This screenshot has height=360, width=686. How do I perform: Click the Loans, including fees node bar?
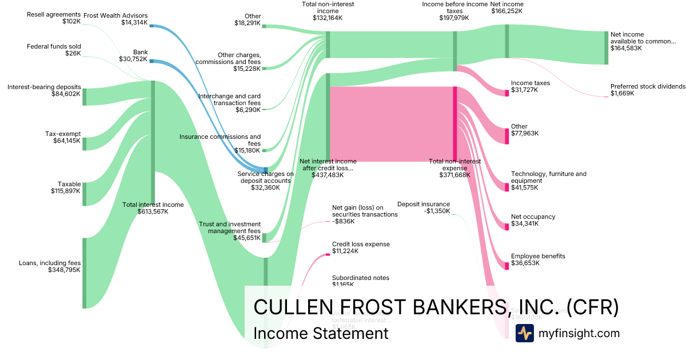(x=84, y=273)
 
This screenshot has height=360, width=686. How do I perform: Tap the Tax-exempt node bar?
(x=84, y=143)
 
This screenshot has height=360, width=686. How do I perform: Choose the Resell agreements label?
(x=54, y=18)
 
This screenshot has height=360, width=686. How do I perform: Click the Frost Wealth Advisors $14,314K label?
(x=115, y=19)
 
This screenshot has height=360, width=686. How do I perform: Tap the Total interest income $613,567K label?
(x=153, y=208)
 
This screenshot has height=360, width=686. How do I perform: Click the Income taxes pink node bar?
(x=506, y=93)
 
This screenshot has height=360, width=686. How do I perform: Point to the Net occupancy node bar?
(x=506, y=227)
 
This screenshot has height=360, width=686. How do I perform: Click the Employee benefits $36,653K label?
(x=537, y=260)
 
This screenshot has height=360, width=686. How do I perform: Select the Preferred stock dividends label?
(x=647, y=90)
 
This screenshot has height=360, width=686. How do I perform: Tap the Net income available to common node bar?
(x=607, y=47)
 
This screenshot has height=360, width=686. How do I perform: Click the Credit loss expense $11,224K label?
(x=361, y=247)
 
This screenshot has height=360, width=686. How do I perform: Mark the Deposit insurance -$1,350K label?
(x=423, y=207)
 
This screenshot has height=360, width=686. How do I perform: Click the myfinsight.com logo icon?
(x=524, y=333)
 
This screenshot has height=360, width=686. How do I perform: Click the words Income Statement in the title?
(x=321, y=333)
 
